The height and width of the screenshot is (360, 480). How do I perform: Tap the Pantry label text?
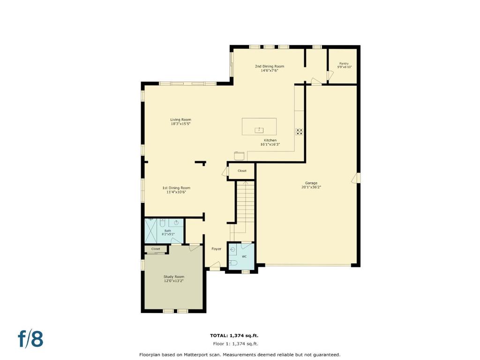coord(344,64)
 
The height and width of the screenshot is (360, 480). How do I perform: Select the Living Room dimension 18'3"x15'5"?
coord(180,124)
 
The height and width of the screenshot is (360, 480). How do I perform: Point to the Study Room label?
coord(173,277)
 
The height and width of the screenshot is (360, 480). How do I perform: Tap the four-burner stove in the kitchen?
coord(299,131)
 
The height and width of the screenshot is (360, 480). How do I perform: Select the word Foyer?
coord(216,249)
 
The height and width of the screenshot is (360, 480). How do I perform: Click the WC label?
coord(244,256)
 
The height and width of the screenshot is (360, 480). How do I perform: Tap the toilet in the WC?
coord(234,263)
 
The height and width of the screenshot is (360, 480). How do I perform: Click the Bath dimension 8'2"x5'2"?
coord(168,234)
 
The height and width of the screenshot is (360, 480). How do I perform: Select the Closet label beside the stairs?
coord(242,171)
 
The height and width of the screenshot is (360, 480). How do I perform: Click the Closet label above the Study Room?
coord(156,249)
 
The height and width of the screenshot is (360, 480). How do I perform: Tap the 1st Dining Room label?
coord(176,188)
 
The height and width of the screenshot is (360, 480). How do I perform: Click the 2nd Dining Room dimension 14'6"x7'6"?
coord(270,70)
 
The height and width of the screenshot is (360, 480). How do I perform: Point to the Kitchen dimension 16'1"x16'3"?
coord(270,144)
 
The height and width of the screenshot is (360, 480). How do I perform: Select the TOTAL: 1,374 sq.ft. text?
coord(234,335)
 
